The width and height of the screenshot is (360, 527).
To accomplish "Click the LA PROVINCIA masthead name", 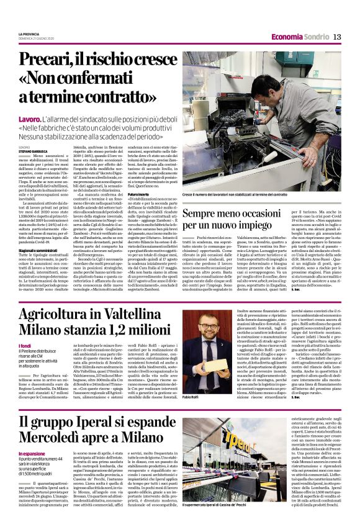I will pos(30,34).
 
